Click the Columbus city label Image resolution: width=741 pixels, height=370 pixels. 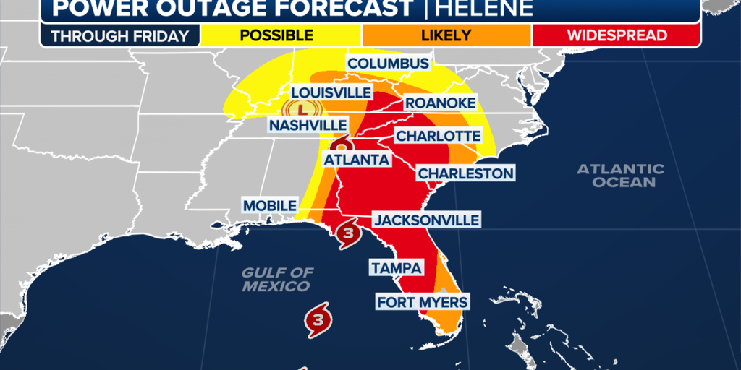(388, 64)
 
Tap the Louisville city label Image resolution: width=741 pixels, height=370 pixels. (331, 92)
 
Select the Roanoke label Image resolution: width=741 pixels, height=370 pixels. (439, 103)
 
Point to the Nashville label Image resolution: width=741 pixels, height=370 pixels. (308, 125)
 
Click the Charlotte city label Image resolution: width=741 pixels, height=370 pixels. (438, 136)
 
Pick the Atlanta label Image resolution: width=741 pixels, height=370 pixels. (356, 159)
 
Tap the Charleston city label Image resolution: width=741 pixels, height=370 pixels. (465, 173)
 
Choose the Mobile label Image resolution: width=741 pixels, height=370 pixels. (269, 206)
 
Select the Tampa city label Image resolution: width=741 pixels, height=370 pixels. (396, 268)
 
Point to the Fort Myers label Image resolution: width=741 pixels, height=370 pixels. (422, 301)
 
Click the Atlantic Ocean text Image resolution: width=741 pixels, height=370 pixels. (620, 176)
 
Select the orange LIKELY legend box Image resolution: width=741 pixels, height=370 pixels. (446, 35)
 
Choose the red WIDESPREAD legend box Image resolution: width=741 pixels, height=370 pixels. (615, 35)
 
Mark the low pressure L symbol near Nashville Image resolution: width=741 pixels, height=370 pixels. (303, 109)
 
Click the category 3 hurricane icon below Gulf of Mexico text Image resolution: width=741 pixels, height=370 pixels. (318, 319)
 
